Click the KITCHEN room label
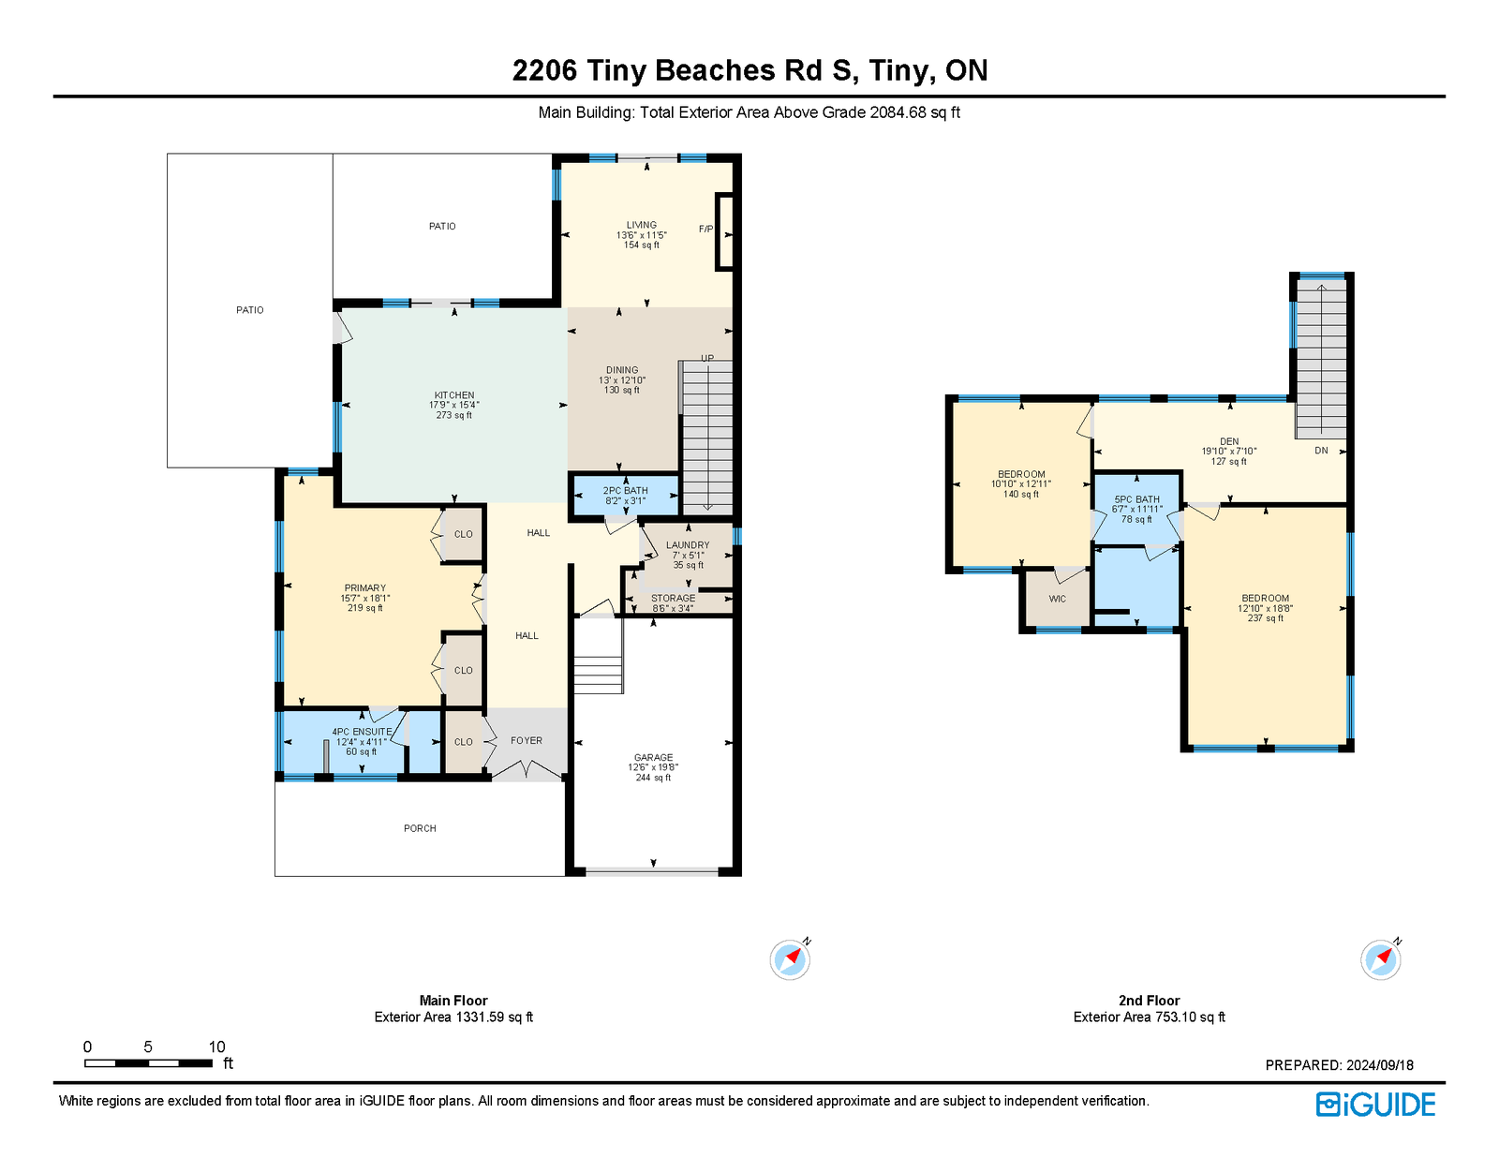pyautogui.click(x=453, y=395)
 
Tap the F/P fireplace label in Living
pyautogui.click(x=705, y=229)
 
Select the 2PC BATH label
pyautogui.click(x=625, y=490)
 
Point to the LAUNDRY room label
pyautogui.click(x=687, y=545)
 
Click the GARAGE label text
pyautogui.click(x=653, y=757)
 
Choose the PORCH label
pyautogui.click(x=420, y=828)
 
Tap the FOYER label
pyautogui.click(x=527, y=741)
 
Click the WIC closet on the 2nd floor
pyautogui.click(x=1057, y=599)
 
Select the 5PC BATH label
pyautogui.click(x=1136, y=499)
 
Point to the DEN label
pyautogui.click(x=1228, y=441)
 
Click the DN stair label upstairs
pyautogui.click(x=1320, y=451)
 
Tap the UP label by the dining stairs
pyautogui.click(x=707, y=358)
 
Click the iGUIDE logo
pyautogui.click(x=1375, y=1105)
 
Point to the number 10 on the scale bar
pyautogui.click(x=216, y=1047)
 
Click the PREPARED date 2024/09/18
pyautogui.click(x=1379, y=1065)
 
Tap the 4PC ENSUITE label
pyautogui.click(x=362, y=732)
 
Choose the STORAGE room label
pyautogui.click(x=673, y=598)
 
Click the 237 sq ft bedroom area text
pyautogui.click(x=1265, y=618)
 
